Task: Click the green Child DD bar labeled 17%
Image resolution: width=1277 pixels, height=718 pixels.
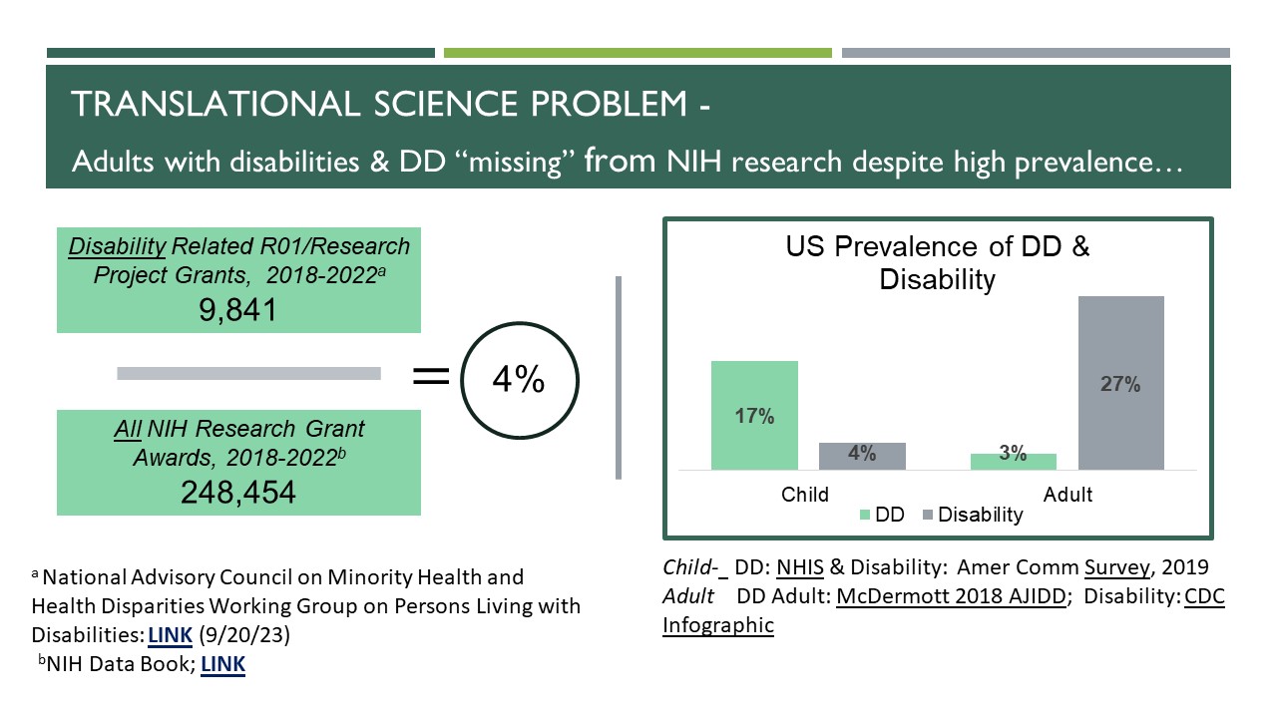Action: [x=754, y=415]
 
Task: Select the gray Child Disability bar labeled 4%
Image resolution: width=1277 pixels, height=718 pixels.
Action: [x=862, y=456]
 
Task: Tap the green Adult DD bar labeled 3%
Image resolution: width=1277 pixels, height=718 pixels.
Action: [x=1013, y=461]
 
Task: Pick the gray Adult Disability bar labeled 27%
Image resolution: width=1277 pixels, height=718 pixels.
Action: [x=1120, y=383]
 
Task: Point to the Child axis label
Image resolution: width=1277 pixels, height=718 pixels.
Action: [x=805, y=494]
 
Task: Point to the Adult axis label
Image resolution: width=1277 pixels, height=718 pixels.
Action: [x=1067, y=494]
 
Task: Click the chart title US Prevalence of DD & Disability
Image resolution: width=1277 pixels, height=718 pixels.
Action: [x=937, y=263]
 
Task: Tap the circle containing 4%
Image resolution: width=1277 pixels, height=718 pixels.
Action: [x=517, y=380]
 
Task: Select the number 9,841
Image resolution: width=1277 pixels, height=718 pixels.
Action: [x=237, y=311]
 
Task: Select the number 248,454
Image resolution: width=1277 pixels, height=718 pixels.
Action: [x=237, y=491]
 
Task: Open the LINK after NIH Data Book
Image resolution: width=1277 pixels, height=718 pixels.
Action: [x=222, y=663]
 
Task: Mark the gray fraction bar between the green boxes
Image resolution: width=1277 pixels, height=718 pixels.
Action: [x=248, y=373]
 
